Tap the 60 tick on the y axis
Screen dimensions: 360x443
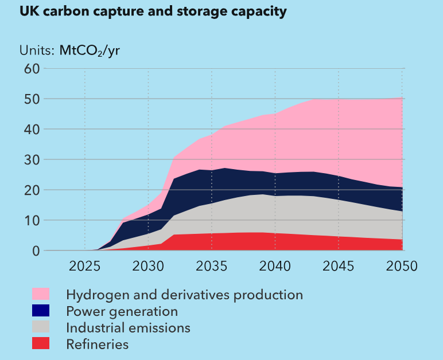point(31,69)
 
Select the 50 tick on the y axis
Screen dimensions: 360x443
point(31,99)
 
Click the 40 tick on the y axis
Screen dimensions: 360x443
point(31,130)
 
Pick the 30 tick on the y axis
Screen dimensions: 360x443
point(31,160)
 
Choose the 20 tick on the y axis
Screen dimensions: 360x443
point(31,190)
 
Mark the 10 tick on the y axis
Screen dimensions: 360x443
point(31,221)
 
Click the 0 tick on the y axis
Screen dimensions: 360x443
point(35,251)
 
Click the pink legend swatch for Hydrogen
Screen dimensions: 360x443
point(40,295)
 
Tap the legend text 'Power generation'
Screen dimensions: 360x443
point(122,311)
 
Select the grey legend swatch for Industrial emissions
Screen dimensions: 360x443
point(40,327)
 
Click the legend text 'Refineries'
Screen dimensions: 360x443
point(98,345)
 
